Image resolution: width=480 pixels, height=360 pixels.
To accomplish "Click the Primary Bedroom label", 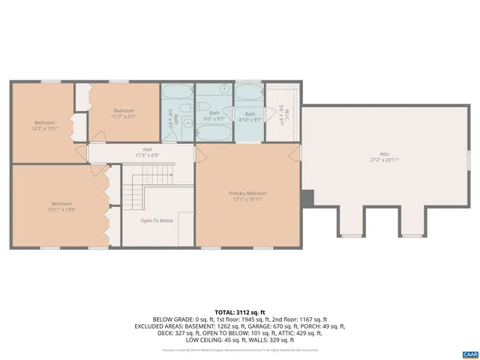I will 247,193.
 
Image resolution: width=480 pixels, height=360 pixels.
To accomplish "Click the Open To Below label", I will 157,220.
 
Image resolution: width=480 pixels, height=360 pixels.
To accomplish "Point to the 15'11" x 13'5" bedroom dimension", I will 61,209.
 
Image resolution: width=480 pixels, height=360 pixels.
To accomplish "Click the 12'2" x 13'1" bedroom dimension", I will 44,128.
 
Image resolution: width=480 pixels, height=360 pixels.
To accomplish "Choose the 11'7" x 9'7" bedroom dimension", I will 124,116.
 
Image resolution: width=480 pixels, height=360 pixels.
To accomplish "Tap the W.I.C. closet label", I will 281,109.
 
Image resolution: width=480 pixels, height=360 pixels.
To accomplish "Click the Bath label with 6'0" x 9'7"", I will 214,113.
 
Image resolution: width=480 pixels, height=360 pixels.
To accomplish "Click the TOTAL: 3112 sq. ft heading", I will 240,310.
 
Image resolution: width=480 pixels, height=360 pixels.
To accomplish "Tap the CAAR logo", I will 469,353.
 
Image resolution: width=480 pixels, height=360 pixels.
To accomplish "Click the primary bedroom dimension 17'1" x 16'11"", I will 247,199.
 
